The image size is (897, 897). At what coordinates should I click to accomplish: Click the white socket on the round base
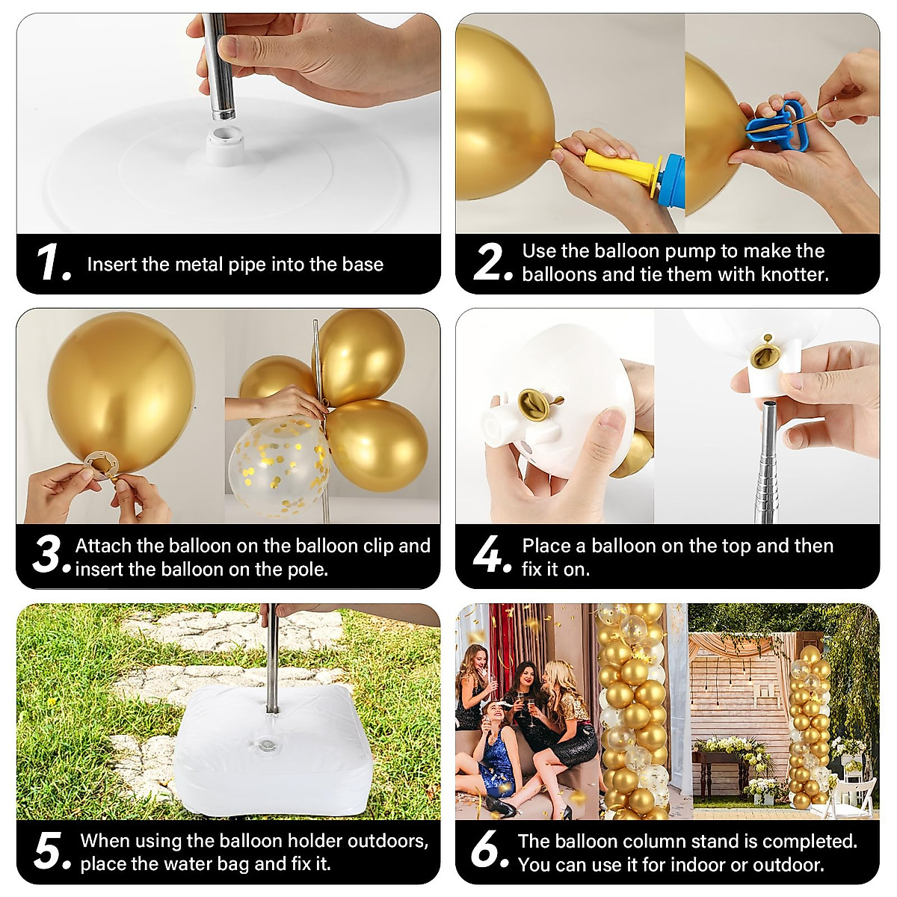pyautogui.click(x=225, y=144)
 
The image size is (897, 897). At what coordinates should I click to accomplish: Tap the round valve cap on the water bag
pyautogui.click(x=268, y=745)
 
